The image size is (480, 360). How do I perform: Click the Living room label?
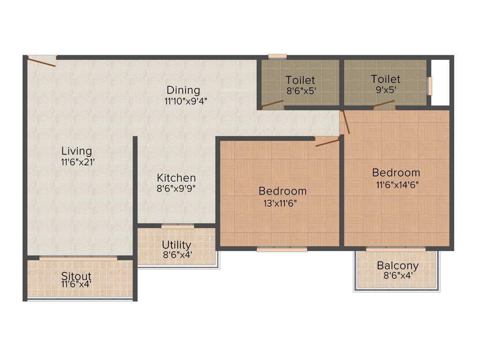coord(77,151)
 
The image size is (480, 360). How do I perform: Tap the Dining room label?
coord(183,90)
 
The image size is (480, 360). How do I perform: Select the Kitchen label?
coord(176,178)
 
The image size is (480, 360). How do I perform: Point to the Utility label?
coord(176,245)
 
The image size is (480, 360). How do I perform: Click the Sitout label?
coord(76,276)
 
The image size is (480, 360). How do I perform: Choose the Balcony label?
coord(397,266)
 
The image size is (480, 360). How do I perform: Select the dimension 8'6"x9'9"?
coord(176,188)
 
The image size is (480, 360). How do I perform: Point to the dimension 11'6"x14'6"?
coord(396,184)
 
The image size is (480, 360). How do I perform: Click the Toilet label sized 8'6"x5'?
coord(300,80)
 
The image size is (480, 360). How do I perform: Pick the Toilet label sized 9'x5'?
coord(385,79)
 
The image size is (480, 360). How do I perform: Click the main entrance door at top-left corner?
coord(42,60)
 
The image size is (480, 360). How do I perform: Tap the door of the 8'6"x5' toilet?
coord(272,104)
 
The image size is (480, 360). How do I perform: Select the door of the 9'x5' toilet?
coord(384,104)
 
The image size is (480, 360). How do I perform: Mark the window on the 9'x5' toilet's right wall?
coord(429,86)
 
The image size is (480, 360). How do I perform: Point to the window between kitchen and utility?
coord(178,227)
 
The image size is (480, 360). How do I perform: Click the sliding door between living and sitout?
coord(78,258)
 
